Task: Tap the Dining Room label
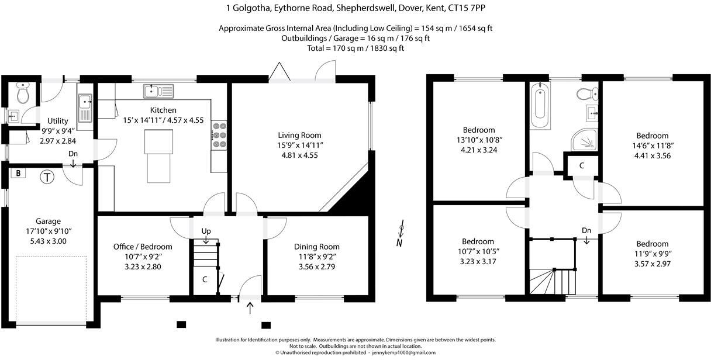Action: point(316,247)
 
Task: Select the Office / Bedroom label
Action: point(143,247)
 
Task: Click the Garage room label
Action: point(48,221)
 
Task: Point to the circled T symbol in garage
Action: point(46,176)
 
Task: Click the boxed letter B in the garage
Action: point(19,174)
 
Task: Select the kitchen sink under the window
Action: point(158,91)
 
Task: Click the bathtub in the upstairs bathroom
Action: point(540,105)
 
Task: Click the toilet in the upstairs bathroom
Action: point(585,94)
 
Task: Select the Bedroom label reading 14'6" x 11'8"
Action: point(653,136)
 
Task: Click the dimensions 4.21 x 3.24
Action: point(479,150)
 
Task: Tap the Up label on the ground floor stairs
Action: point(206,231)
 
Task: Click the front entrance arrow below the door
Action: point(250,307)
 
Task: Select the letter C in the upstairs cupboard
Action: point(581,165)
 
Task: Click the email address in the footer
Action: point(403,353)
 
